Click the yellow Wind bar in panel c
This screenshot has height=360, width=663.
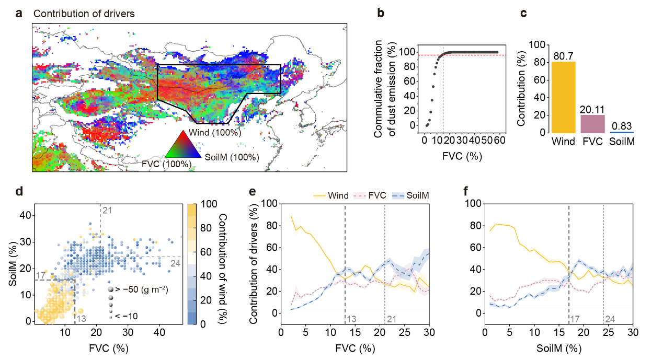[564, 97]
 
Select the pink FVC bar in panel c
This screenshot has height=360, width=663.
[592, 123]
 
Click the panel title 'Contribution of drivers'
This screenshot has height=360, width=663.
[84, 14]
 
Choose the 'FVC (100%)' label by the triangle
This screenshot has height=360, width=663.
[166, 164]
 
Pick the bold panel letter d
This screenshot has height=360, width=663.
[19, 191]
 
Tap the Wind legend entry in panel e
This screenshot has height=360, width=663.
[335, 195]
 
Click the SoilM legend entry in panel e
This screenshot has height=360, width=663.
[410, 195]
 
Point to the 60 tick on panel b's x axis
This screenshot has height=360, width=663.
[499, 141]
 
